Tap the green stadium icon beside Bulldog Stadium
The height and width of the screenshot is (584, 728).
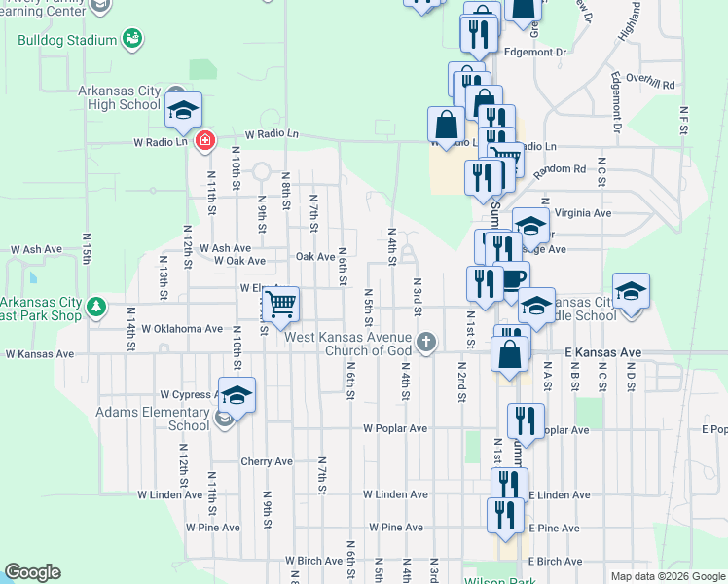pos(133,39)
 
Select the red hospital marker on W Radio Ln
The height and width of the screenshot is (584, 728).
pos(204,142)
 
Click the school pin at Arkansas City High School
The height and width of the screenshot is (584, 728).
pos(182,111)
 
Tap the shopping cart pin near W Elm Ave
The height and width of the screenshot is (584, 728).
pos(280,305)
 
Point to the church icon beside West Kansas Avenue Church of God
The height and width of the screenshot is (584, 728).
pos(425,342)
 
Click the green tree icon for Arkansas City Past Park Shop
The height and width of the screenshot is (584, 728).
pos(95,308)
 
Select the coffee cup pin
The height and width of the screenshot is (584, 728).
pos(512,280)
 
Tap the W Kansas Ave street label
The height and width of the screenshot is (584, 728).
pos(32,355)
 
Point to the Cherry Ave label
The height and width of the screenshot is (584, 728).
pos(267,461)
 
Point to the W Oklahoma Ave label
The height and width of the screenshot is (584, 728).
pos(182,329)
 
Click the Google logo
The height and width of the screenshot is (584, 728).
pos(32,572)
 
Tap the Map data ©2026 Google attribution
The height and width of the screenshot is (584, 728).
pos(668,576)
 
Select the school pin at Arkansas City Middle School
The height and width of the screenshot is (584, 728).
pos(631,293)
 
